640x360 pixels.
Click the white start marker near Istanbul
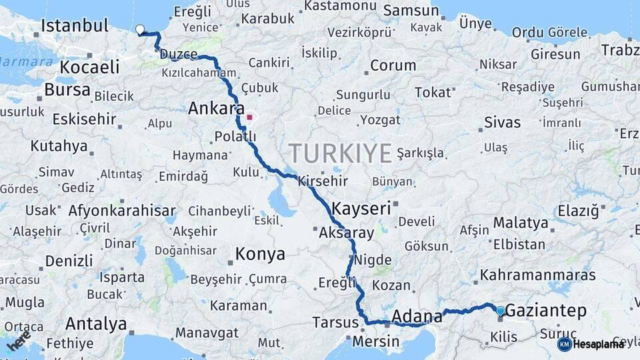coord(140,29)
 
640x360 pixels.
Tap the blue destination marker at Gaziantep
coord(501,311)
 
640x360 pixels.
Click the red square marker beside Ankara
coord(249,117)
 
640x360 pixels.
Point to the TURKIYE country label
coord(341,153)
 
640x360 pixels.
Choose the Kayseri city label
coord(361,208)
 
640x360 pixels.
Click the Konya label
coord(260,254)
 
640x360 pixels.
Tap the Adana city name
coord(417,315)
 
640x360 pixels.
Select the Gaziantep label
coord(546,310)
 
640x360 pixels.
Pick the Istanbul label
coord(74,26)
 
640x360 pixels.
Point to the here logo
coord(19,341)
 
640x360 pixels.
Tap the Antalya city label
coord(96,324)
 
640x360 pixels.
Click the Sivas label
coord(503,123)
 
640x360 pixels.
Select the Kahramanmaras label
coord(537,275)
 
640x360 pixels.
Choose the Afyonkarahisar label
coord(122,211)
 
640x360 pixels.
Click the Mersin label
coord(375,341)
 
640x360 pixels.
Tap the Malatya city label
coord(521,223)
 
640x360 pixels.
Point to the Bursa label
coord(67,89)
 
